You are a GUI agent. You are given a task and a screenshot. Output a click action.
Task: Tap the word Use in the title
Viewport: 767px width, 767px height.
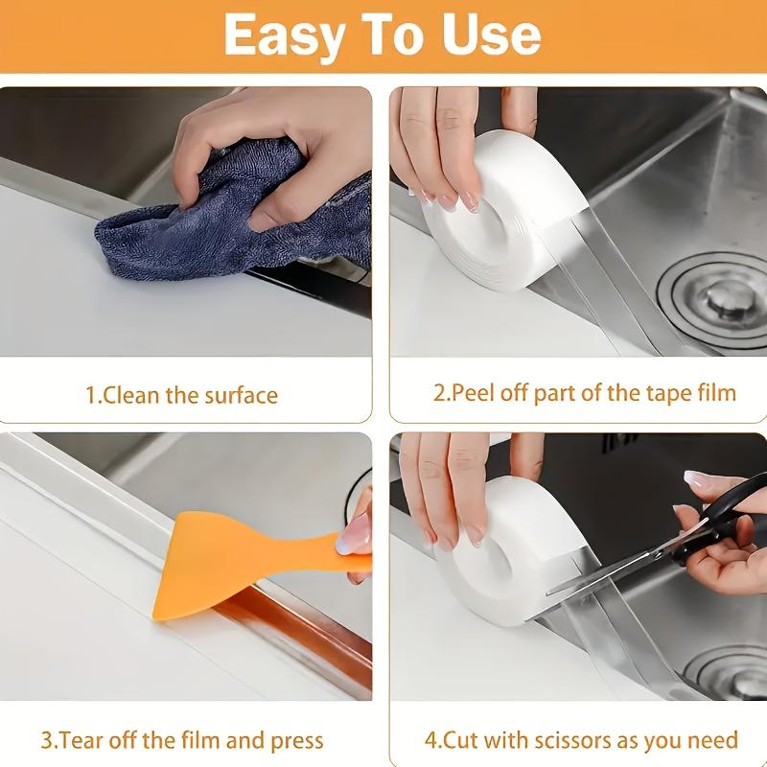(x=490, y=35)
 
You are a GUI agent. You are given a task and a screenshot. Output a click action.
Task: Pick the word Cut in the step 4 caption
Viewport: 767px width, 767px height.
(x=460, y=739)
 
